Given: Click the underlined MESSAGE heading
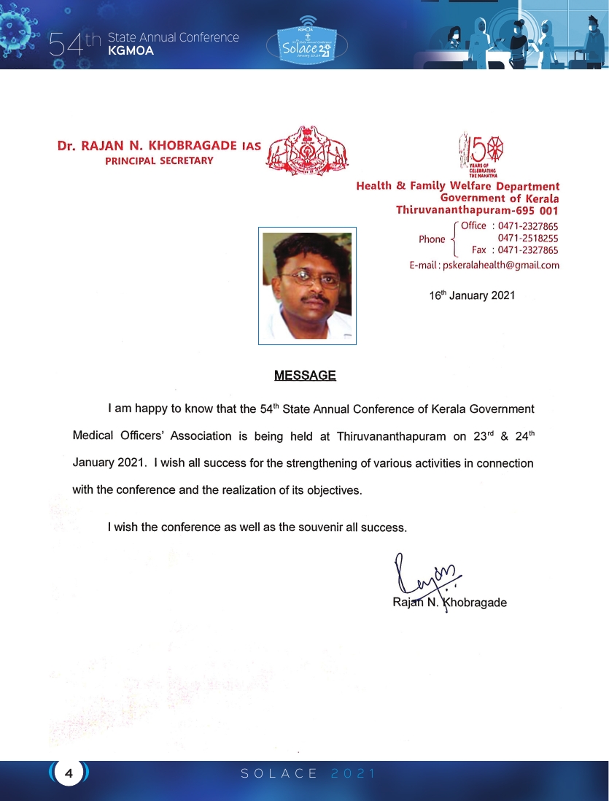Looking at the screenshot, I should (x=305, y=376).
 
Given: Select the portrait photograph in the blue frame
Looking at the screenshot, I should (x=307, y=285).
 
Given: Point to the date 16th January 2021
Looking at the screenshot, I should (x=472, y=295).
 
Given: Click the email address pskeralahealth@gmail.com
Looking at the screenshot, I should (x=500, y=266).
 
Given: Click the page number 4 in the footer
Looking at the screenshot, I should (x=69, y=773).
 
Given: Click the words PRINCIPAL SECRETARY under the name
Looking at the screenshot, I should (x=159, y=160).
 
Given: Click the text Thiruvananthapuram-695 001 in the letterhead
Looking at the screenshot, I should (x=477, y=210).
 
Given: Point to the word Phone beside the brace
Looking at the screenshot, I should (x=432, y=239).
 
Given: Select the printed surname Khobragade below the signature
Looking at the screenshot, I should (x=477, y=603).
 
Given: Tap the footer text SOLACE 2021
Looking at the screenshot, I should (x=308, y=773).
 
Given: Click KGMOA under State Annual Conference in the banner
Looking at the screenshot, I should (x=131, y=51).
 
